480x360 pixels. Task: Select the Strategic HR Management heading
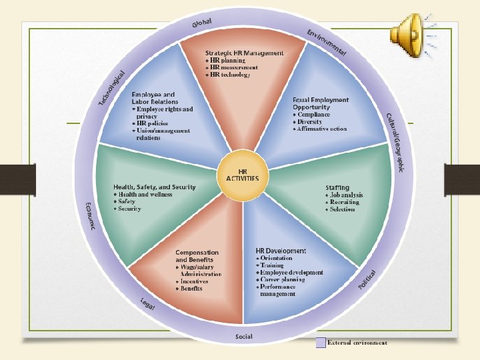(244, 53)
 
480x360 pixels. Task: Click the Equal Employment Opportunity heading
(320, 103)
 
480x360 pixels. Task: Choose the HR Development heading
(281, 251)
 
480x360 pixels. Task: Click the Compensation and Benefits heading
(197, 256)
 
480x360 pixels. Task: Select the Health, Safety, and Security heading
(155, 187)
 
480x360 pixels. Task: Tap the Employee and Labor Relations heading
(155, 98)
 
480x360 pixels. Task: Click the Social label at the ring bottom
(243, 336)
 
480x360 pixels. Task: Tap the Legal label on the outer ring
(147, 303)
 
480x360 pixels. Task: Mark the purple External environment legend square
(321, 343)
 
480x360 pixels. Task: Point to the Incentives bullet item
(194, 281)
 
